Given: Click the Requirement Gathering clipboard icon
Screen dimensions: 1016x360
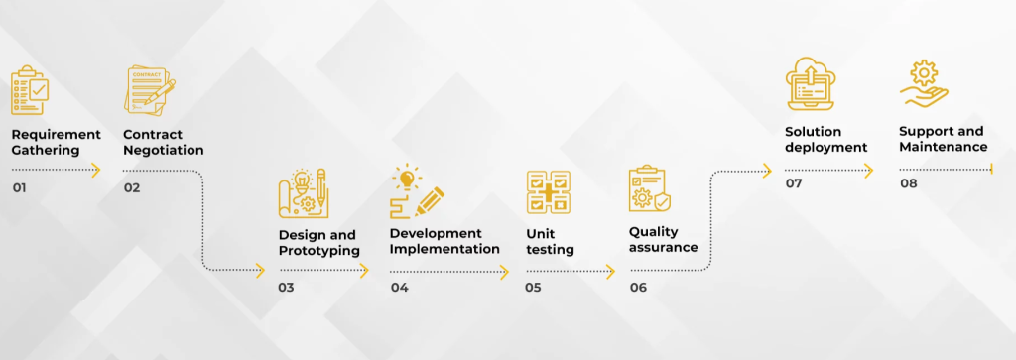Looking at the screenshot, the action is (30, 90).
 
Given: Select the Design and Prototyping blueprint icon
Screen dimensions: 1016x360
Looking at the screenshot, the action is (302, 192).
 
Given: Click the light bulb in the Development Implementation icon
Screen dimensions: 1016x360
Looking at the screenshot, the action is (407, 178).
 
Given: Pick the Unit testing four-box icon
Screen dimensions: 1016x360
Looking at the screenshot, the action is (548, 192).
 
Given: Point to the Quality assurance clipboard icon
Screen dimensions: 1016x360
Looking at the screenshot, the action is (649, 189).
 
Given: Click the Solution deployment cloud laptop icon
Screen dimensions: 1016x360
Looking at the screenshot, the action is (811, 83).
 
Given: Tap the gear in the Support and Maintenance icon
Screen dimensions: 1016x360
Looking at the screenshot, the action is (924, 71).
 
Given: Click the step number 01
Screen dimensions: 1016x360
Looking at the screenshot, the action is (20, 187).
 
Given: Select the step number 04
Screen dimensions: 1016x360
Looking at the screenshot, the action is (399, 287).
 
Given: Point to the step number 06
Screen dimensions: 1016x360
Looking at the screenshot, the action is (638, 287).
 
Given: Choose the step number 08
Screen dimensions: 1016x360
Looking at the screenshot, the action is (909, 183).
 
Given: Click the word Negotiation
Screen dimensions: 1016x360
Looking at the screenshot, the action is (164, 150).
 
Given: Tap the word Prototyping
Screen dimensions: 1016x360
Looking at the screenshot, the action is (319, 251).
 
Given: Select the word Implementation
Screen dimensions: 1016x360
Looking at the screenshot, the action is (444, 249).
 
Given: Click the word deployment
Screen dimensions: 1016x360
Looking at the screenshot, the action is (826, 147).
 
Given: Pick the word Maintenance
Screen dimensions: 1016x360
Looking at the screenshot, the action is (944, 147).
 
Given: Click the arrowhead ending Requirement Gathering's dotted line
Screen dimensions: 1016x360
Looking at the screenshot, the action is (96, 171).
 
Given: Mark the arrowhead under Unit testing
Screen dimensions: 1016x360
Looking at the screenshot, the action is (610, 272).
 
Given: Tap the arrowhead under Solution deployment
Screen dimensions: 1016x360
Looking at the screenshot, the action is (869, 171).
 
